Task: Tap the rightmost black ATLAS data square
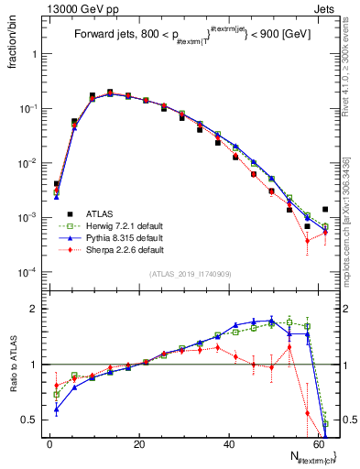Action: [325, 210]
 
